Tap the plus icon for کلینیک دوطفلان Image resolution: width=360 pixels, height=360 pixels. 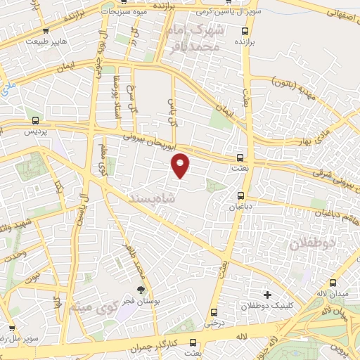pos(266,294)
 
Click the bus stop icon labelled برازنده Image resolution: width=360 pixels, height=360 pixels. pos(245,31)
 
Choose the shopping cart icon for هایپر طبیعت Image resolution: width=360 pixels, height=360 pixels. pos(46,30)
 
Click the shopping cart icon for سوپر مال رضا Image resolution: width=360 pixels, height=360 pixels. pos(11,328)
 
